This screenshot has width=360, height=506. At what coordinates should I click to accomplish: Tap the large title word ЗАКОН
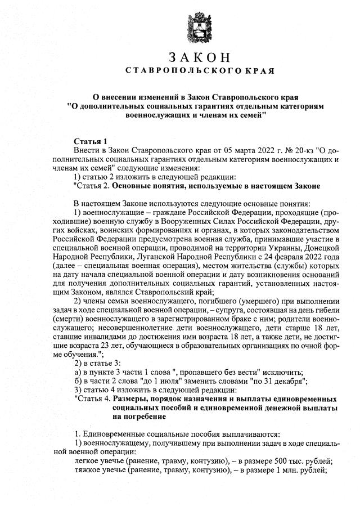point(199,58)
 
